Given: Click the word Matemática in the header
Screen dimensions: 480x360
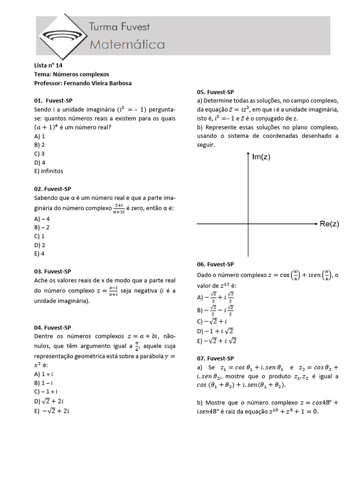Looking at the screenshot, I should pos(127,45).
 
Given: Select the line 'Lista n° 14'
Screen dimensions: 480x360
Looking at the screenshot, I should pos(48,66).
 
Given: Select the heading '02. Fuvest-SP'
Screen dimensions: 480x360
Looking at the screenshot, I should pos(52,189).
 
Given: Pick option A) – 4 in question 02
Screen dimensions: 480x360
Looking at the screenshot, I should pos(42,218).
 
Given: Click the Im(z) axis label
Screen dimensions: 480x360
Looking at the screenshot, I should pos(261,157).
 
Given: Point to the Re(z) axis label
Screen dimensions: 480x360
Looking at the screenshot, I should pos(329,224).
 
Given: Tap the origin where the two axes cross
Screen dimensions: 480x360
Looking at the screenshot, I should pos(248,225).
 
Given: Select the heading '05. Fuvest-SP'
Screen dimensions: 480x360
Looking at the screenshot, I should pos(215,92).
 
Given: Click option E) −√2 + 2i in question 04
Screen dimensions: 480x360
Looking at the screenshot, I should pos(52,411).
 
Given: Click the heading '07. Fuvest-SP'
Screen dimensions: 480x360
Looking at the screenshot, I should pos(215,358).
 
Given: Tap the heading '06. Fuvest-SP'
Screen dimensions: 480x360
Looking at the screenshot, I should pos(215,264).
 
